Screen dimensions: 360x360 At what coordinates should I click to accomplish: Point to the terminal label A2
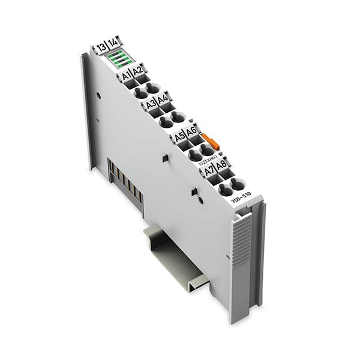click(138, 72)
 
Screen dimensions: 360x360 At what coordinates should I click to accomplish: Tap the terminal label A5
click(179, 137)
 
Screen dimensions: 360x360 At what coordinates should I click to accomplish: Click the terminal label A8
click(221, 165)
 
